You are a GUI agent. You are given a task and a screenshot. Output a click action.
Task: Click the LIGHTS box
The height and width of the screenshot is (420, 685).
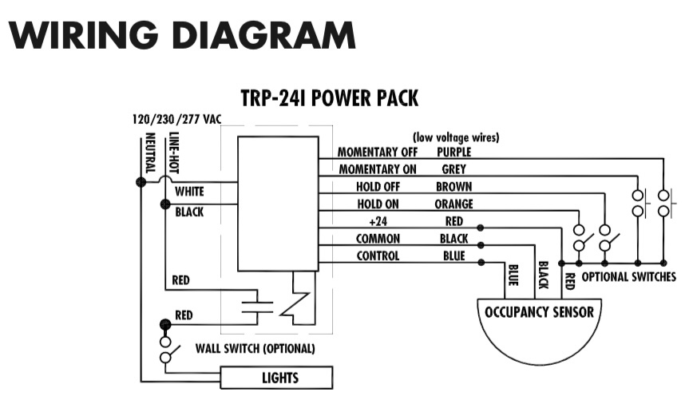click(x=276, y=378)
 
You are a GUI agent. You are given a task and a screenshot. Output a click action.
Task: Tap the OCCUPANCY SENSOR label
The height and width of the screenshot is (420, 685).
click(x=540, y=311)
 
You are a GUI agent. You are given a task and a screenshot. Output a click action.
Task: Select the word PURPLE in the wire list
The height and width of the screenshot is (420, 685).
click(x=453, y=152)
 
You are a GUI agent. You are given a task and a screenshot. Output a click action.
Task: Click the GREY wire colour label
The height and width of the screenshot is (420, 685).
click(x=453, y=169)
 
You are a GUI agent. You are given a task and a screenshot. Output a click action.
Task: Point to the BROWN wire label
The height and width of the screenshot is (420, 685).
click(x=453, y=187)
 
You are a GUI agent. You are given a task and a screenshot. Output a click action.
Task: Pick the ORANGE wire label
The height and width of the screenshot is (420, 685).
click(x=453, y=204)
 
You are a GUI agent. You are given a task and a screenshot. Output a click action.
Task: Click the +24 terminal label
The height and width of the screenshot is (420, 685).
click(x=378, y=222)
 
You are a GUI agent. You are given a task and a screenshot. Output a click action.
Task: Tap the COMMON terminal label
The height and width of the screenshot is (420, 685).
click(x=378, y=239)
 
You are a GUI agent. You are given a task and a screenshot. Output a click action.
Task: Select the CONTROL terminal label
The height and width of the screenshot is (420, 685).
click(x=378, y=256)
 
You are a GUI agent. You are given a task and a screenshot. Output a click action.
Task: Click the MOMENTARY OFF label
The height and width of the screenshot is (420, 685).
click(x=378, y=152)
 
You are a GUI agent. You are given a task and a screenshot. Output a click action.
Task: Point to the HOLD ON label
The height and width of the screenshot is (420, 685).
click(x=378, y=204)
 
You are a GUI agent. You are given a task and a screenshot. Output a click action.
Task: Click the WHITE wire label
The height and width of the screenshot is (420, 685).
click(x=189, y=192)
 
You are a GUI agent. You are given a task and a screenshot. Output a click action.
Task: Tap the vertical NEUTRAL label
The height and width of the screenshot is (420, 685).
click(x=149, y=154)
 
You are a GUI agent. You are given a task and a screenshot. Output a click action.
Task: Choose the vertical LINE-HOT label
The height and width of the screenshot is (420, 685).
click(x=173, y=154)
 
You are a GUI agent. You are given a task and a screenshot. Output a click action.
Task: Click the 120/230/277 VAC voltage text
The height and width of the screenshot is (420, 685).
click(x=176, y=120)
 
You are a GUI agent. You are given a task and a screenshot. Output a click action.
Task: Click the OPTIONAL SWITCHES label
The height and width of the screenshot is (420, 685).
click(x=628, y=277)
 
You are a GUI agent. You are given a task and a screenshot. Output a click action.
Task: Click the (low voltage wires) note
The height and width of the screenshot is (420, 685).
click(x=456, y=137)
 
